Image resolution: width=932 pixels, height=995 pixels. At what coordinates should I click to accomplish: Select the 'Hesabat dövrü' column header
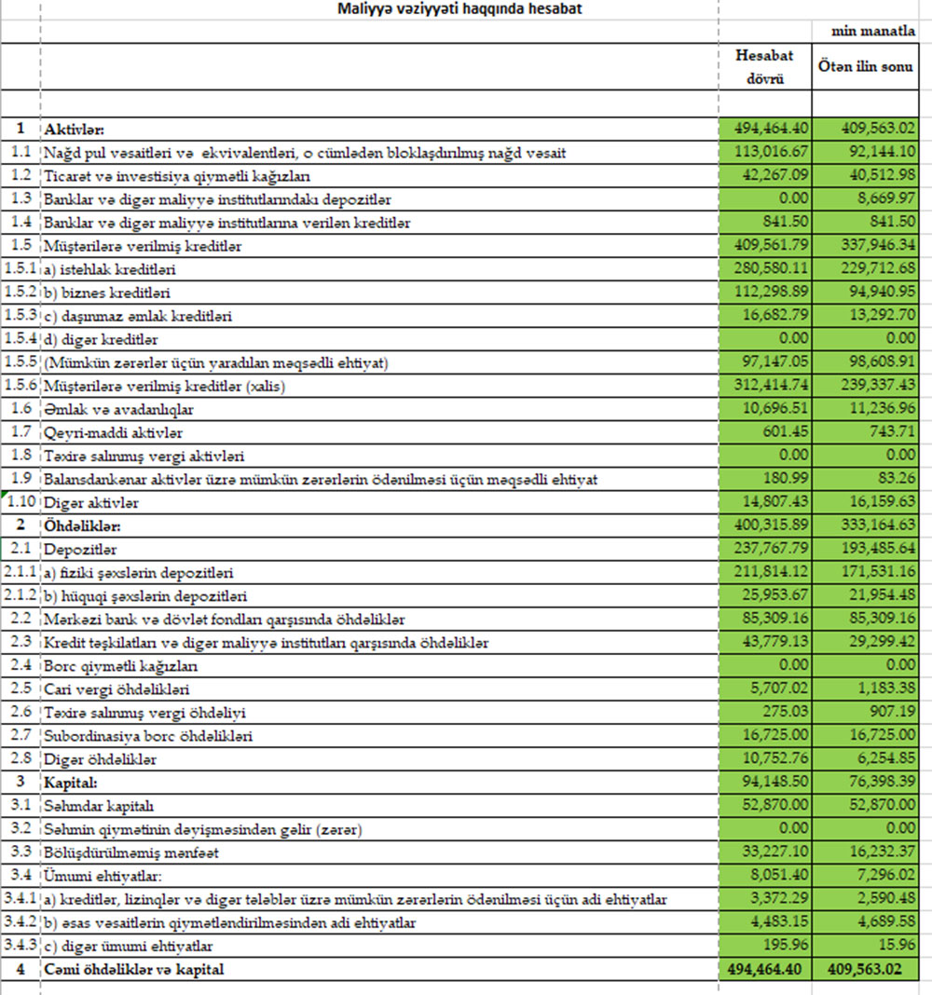point(764,66)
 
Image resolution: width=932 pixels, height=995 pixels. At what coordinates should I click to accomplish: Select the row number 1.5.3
point(21,316)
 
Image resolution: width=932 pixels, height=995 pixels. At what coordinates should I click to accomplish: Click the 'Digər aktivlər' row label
point(89,503)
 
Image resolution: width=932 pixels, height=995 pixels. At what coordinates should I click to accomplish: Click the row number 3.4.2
point(21,922)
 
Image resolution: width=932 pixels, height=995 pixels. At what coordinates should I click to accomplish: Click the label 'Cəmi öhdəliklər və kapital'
point(133,970)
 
